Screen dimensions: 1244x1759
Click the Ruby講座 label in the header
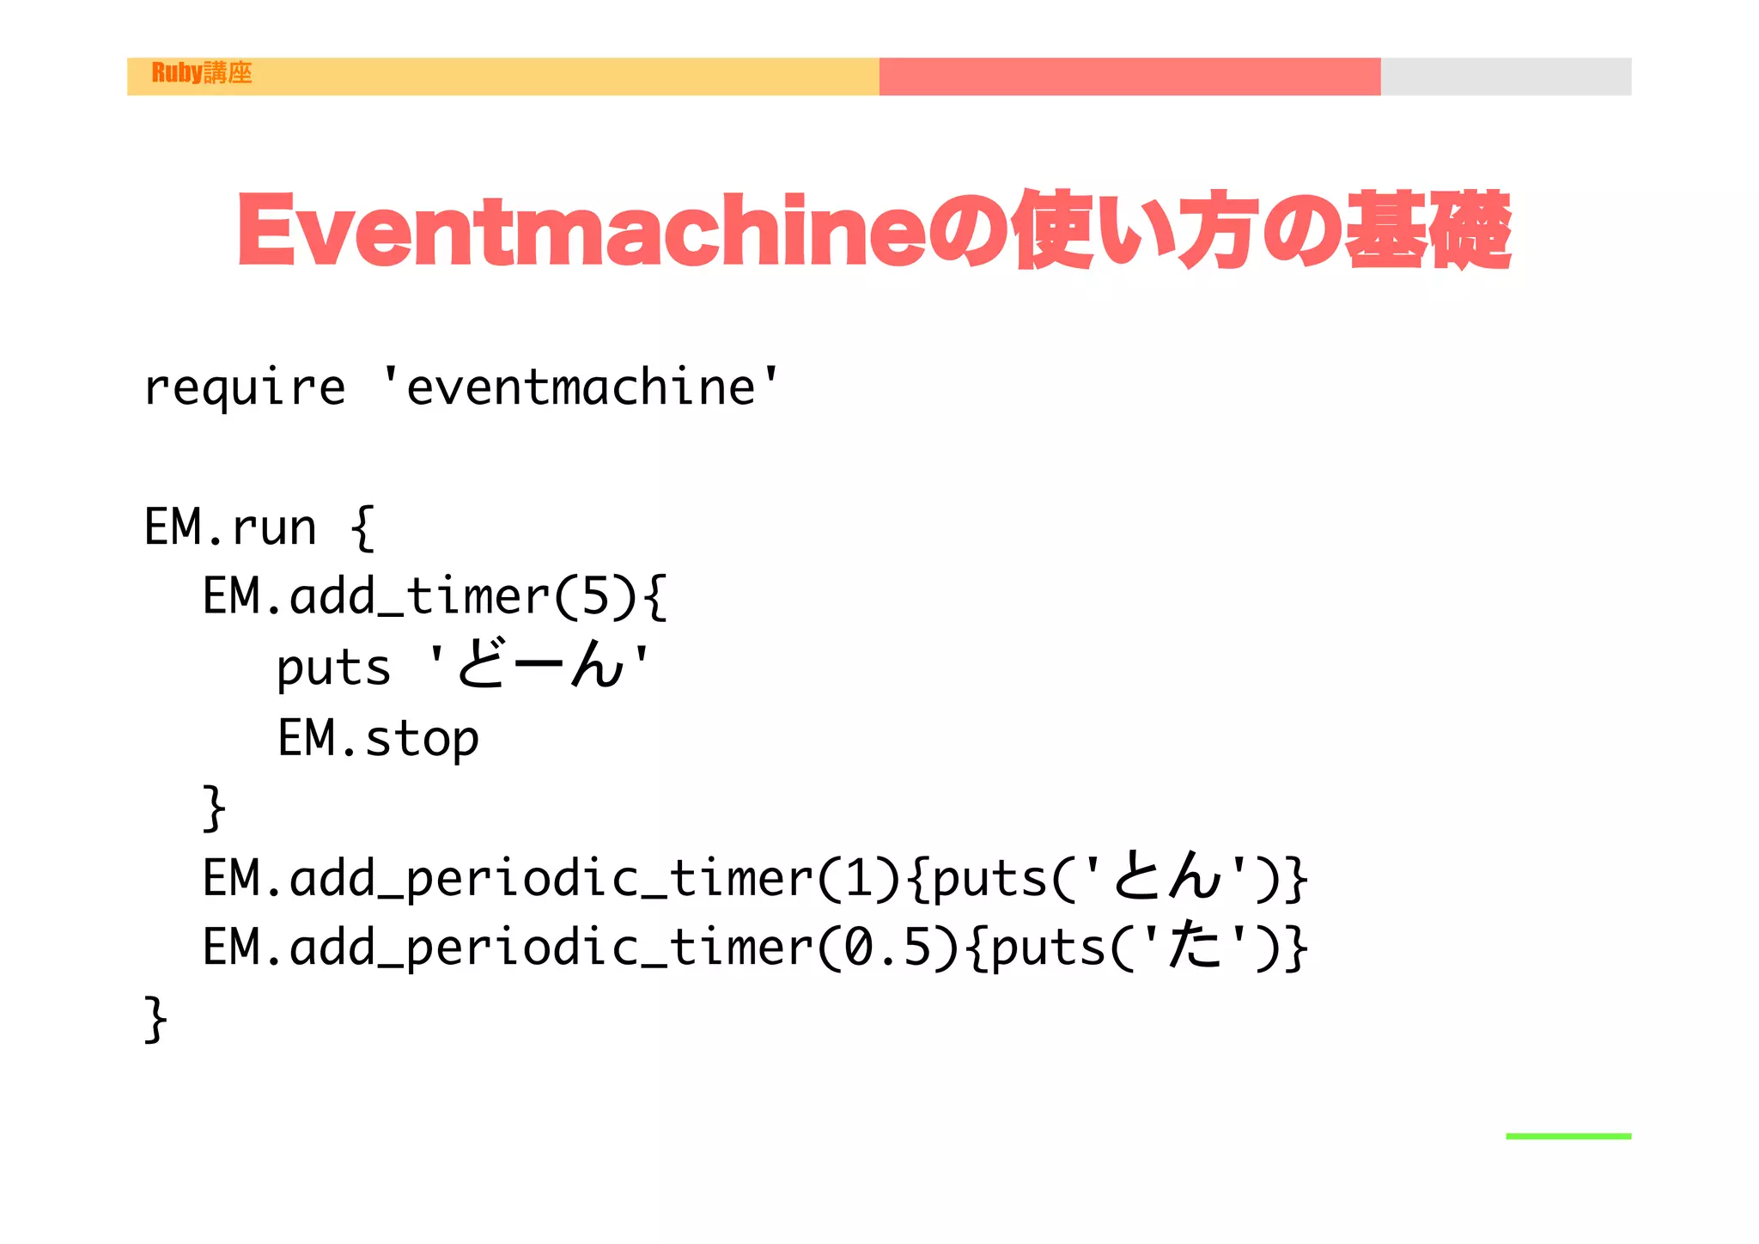(x=202, y=73)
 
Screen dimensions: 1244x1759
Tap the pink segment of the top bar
(x=1129, y=76)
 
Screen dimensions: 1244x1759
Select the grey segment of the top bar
(x=1506, y=76)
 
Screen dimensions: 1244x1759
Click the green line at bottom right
(x=1568, y=1137)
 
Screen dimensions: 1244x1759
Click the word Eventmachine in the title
(x=581, y=230)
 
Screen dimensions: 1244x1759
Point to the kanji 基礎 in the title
(x=1427, y=230)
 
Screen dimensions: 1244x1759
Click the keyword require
(x=245, y=388)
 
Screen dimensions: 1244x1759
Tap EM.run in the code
(x=230, y=527)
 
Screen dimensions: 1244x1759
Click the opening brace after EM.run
(x=362, y=527)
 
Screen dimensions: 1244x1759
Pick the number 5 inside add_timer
(x=595, y=596)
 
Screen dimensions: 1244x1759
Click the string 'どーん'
(x=539, y=666)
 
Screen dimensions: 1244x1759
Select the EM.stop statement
(x=378, y=738)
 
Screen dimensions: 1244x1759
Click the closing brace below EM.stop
(x=214, y=808)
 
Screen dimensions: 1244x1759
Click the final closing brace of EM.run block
(x=155, y=1019)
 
